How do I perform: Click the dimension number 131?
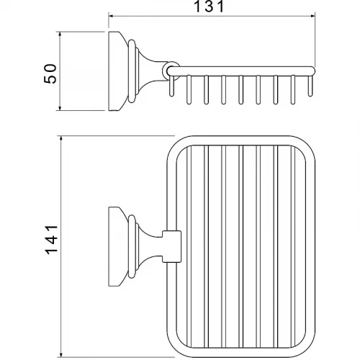(x=209, y=6)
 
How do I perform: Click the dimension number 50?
(x=50, y=73)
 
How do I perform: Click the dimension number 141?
(x=51, y=240)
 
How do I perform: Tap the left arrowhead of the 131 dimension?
(x=111, y=16)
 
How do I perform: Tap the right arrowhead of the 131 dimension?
(x=312, y=16)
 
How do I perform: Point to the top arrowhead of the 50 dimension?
(x=60, y=34)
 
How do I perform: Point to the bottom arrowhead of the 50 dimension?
(x=60, y=108)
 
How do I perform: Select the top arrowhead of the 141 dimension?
(x=61, y=139)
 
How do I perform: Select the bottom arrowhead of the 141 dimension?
(x=61, y=355)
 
